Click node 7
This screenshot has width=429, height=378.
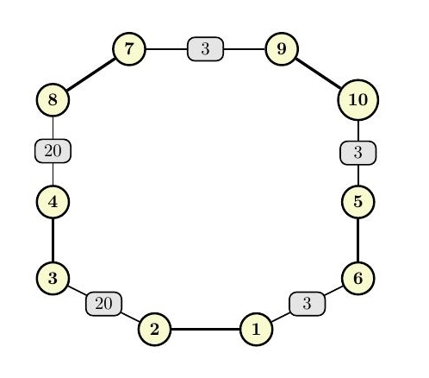click(129, 49)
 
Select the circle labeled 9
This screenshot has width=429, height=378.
click(282, 49)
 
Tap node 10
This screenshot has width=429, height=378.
click(358, 100)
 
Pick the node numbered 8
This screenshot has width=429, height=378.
click(53, 100)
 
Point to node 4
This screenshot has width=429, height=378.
click(53, 202)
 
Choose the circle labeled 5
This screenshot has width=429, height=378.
click(358, 202)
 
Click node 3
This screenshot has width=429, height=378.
click(53, 278)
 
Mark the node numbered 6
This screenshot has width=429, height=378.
click(358, 278)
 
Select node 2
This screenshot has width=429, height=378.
click(155, 329)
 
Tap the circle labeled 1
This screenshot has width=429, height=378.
click(256, 329)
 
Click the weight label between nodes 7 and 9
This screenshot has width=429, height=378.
click(205, 49)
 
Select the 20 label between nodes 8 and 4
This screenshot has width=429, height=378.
click(53, 151)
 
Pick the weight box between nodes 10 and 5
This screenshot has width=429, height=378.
click(358, 153)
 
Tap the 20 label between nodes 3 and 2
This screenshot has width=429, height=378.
click(103, 304)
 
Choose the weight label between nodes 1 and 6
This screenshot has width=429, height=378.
click(307, 304)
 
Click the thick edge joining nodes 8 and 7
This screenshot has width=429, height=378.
click(91, 74)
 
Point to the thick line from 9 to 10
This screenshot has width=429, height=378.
click(319, 73)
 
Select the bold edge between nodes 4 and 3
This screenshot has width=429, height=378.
click(53, 240)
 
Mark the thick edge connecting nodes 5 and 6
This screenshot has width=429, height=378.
click(358, 240)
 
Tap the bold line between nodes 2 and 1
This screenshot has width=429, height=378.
click(206, 329)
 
